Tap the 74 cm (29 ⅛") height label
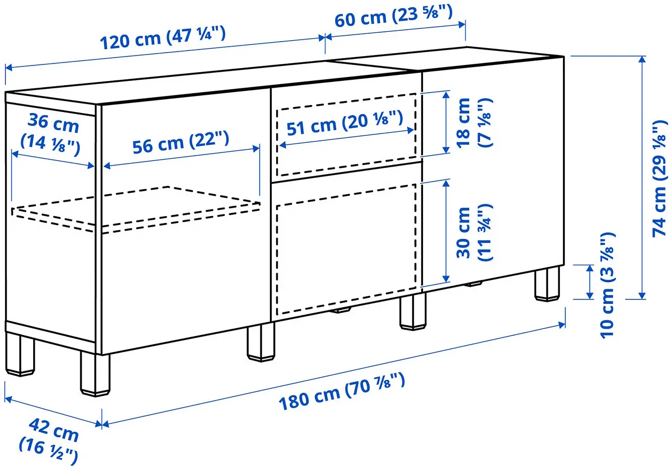[x=659, y=178]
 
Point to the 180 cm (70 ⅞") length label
[x=342, y=392]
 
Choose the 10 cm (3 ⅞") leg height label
[x=607, y=285]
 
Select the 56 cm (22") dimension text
[x=181, y=142]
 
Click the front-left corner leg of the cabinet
[x=94, y=374]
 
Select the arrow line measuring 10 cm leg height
[x=590, y=282]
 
